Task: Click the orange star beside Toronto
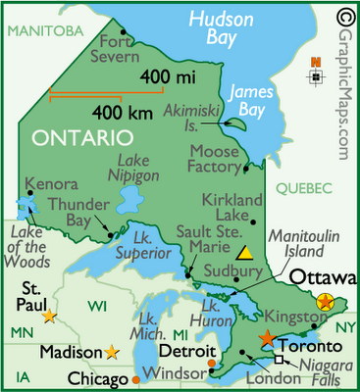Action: point(267,337)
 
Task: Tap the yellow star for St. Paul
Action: point(49,316)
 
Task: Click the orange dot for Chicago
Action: point(135,378)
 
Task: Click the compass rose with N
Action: point(316,75)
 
